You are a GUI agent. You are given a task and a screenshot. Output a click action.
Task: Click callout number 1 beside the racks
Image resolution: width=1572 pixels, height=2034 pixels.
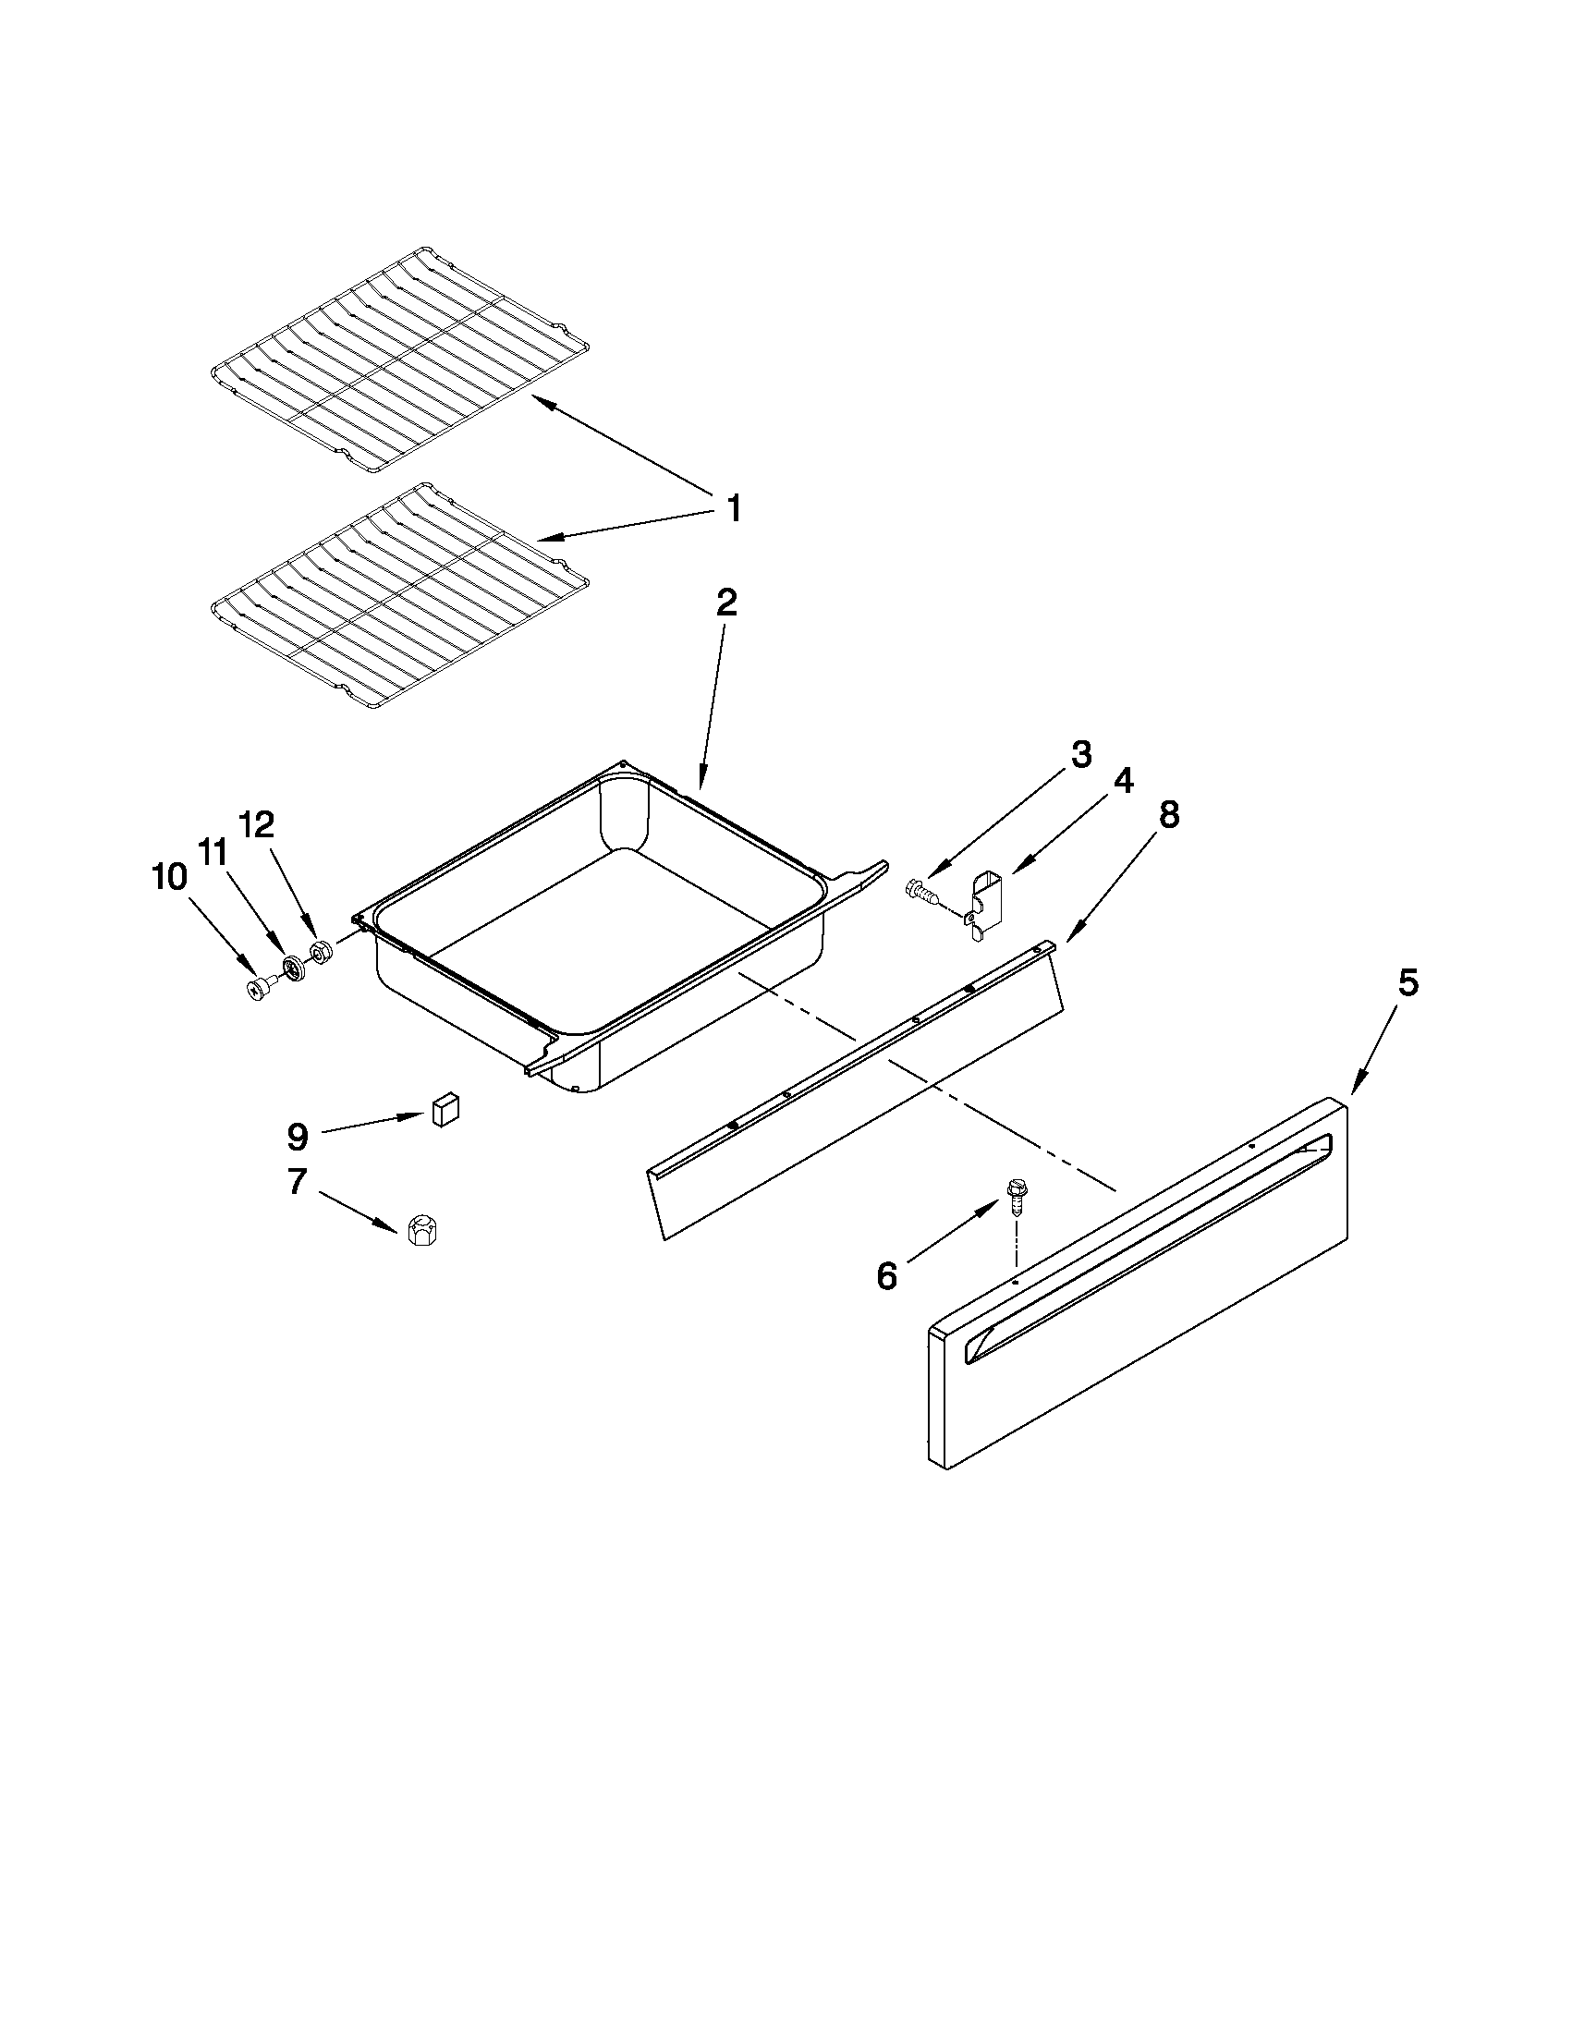point(733,509)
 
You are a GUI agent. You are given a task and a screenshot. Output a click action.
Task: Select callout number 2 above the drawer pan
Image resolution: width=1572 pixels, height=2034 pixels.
point(726,603)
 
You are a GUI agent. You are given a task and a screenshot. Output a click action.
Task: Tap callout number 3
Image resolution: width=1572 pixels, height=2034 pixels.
point(1079,754)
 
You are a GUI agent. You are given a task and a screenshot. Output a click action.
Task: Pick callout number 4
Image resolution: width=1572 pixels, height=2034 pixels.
point(1123,781)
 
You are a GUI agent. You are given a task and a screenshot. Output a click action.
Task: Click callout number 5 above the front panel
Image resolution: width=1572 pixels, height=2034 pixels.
point(1407,984)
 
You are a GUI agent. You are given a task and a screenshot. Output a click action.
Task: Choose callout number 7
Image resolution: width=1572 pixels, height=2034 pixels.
point(296,1182)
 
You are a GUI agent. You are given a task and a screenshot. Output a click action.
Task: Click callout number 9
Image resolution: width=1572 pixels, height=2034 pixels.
point(296,1135)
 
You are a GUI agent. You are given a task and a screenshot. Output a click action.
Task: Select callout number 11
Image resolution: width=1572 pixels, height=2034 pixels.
point(213,852)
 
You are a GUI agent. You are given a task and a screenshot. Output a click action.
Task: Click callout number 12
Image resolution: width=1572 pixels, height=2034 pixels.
point(258,824)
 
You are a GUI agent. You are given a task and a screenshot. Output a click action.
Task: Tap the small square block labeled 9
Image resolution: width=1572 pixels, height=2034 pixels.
point(445,1110)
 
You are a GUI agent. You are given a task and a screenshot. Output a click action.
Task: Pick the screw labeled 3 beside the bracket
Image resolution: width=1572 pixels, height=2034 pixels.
point(922,893)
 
